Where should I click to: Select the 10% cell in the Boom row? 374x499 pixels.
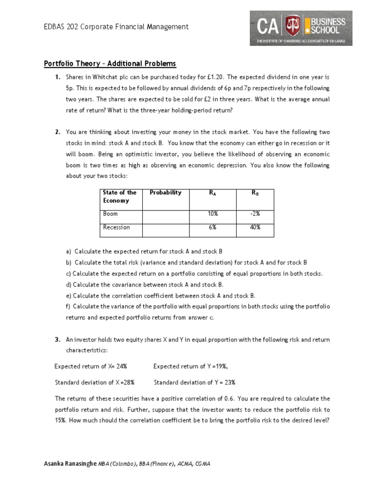click(212, 214)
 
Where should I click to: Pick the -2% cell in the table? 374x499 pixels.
click(256, 214)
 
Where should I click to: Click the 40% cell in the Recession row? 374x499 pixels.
click(256, 228)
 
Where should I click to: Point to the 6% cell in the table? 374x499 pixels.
click(212, 228)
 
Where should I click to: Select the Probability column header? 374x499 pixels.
click(166, 192)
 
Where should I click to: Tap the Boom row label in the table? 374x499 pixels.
click(111, 214)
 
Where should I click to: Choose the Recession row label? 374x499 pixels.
click(116, 228)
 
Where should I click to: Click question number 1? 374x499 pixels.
click(57, 77)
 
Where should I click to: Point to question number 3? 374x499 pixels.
click(57, 340)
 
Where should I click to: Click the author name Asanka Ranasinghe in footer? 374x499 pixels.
click(70, 463)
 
